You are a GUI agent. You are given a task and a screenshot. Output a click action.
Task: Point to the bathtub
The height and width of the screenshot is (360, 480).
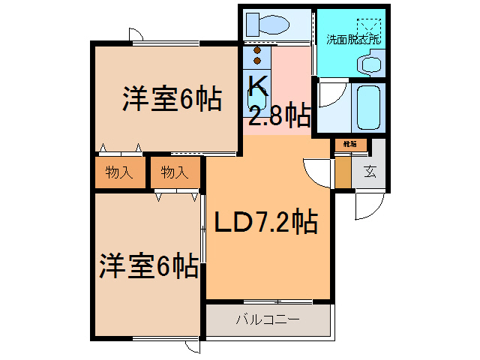[368, 106]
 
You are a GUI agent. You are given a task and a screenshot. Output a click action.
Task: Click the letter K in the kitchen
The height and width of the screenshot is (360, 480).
[257, 84]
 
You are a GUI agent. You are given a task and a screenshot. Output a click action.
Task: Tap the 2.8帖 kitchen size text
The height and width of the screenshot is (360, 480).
[280, 116]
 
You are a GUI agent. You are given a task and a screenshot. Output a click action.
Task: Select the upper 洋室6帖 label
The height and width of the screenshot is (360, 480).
[172, 99]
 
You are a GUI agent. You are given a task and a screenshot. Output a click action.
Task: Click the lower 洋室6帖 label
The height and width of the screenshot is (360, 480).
[148, 265]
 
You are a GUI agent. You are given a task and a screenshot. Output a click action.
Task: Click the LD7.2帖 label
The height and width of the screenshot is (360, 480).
[265, 223]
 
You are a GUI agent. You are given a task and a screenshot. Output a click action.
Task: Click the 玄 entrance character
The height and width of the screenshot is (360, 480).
[370, 170]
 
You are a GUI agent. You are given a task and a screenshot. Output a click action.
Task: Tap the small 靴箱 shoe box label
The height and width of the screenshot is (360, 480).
[350, 143]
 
